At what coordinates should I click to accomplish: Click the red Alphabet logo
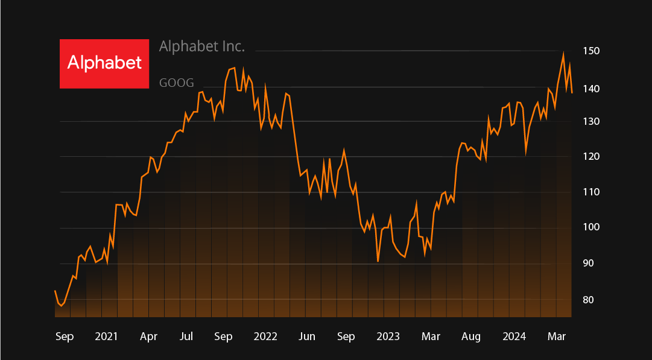pos(104,63)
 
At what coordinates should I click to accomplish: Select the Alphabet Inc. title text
pos(202,46)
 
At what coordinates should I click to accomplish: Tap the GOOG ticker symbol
pos(177,83)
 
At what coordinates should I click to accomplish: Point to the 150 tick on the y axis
pos(591,51)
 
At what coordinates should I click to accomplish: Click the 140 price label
pos(591,89)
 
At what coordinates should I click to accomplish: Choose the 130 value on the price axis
pos(591,122)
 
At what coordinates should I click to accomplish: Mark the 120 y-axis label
pos(591,157)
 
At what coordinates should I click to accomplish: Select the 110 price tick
pos(591,192)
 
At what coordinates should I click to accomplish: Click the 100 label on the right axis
pos(591,227)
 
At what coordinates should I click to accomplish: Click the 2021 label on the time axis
pos(106,336)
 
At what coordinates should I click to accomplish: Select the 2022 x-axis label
pos(265,336)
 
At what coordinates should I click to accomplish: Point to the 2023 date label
pos(388,336)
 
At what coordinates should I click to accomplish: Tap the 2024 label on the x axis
pos(514,336)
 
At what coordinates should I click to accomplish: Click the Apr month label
pos(148,336)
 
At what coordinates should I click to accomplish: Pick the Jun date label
pos(307,336)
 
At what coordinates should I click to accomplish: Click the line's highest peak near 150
pos(563,54)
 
